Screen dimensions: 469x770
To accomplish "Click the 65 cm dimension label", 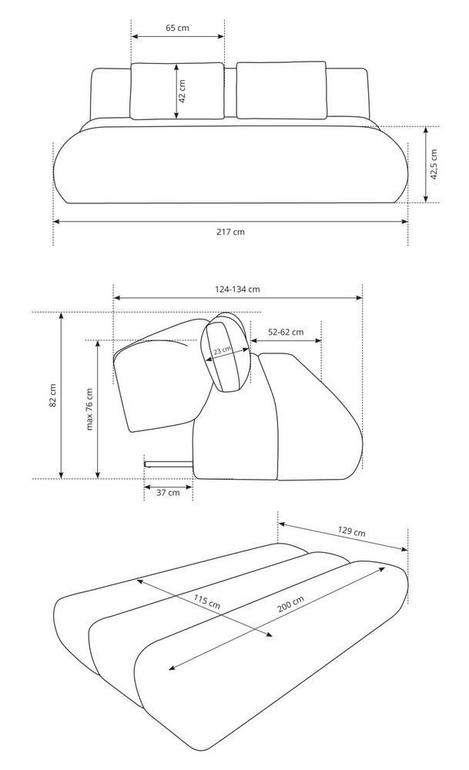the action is click(x=177, y=28).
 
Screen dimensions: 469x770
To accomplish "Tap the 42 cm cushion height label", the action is click(x=182, y=92).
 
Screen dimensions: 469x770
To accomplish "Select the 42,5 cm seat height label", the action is click(x=434, y=165).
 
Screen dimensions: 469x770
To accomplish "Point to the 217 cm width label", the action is click(x=230, y=232).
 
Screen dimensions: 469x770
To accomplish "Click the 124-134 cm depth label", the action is click(x=237, y=290).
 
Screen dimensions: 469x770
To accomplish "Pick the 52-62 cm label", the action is click(x=286, y=332).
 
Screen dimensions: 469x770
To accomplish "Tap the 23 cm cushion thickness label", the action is click(x=223, y=350).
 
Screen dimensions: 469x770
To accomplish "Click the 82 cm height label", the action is click(x=53, y=395).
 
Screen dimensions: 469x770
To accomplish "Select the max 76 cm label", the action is click(x=89, y=409).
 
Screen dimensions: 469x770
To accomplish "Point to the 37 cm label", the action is click(x=168, y=493).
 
